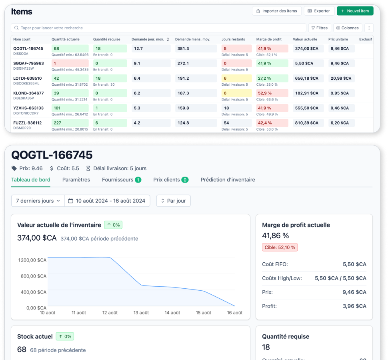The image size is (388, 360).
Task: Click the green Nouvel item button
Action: pyautogui.click(x=355, y=11)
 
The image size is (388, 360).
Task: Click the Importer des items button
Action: pyautogui.click(x=276, y=11)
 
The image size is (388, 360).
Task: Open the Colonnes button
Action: pyautogui.click(x=347, y=28)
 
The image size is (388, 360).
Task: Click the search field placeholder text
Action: pyautogui.click(x=52, y=28)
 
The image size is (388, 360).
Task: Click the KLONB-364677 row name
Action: pyautogui.click(x=28, y=93)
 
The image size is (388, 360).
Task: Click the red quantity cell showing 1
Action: pyautogui.click(x=70, y=63)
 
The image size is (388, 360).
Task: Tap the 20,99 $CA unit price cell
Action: pyautogui.click(x=341, y=78)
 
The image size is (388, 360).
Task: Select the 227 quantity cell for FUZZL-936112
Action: pyautogui.click(x=70, y=123)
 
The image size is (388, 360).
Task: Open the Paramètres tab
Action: pyautogui.click(x=76, y=180)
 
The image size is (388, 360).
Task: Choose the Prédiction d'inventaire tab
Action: pyautogui.click(x=228, y=180)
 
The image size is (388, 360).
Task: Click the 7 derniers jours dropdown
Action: pyautogui.click(x=38, y=201)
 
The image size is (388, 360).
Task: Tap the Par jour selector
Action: pyautogui.click(x=173, y=201)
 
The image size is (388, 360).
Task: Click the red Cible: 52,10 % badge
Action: pyautogui.click(x=280, y=247)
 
